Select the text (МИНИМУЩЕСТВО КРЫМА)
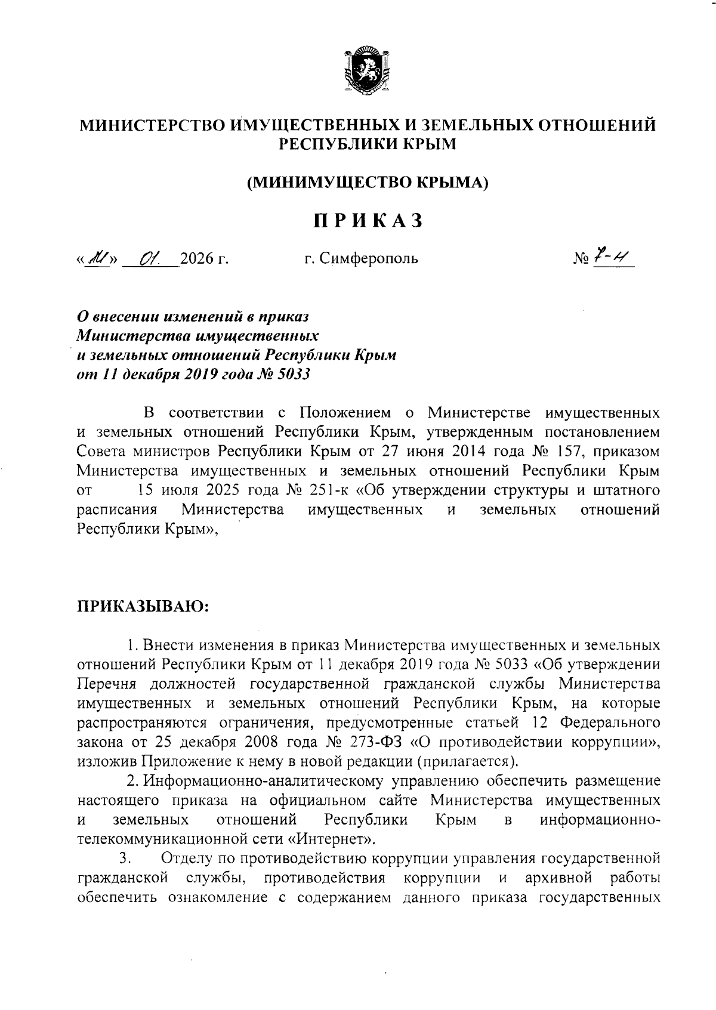pyautogui.click(x=368, y=183)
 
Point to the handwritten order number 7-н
pyautogui.click(x=612, y=257)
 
